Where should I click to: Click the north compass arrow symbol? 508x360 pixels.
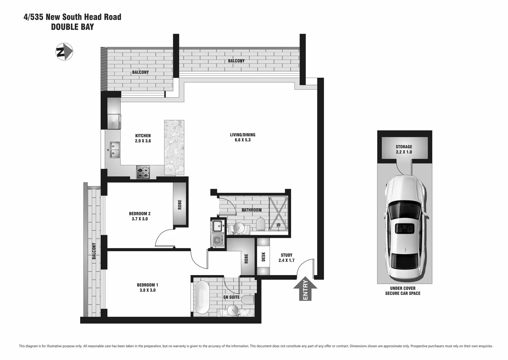click(64, 52)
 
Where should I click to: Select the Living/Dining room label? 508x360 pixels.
click(242, 137)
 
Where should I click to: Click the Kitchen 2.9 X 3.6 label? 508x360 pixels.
click(143, 138)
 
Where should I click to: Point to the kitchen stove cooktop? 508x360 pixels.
click(143, 172)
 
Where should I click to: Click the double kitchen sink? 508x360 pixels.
click(115, 150)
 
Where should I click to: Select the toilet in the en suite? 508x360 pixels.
click(247, 299)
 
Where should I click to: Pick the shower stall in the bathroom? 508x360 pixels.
click(278, 213)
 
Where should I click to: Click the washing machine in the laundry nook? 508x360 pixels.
click(218, 240)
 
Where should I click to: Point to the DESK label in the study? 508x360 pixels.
click(263, 256)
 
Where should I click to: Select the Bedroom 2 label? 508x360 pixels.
click(140, 216)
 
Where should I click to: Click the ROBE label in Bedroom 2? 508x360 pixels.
click(180, 205)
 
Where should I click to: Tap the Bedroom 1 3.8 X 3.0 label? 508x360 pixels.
click(147, 287)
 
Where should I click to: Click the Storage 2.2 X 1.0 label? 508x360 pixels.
click(404, 149)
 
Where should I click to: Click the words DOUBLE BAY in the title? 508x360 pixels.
click(72, 27)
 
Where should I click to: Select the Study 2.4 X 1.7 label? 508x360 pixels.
click(286, 258)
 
